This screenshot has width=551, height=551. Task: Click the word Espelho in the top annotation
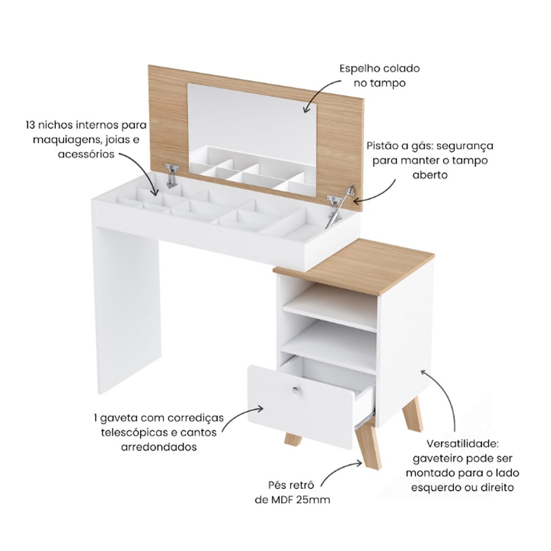point(358,68)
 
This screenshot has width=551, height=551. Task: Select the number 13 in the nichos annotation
point(31,125)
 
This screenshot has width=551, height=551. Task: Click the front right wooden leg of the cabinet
point(367,447)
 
